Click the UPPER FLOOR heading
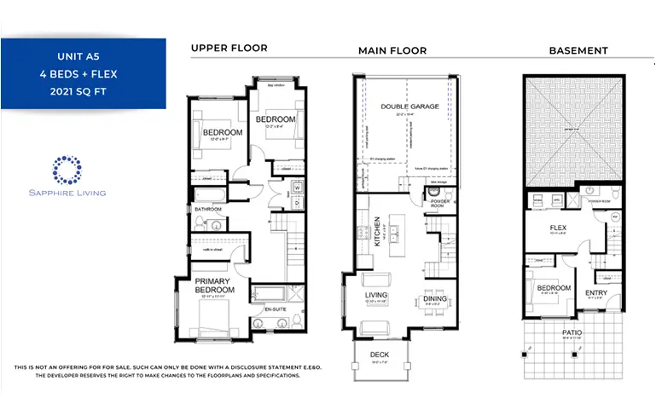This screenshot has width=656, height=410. [x=229, y=49]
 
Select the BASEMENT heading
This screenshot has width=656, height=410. [x=578, y=50]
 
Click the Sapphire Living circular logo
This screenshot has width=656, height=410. [x=66, y=169]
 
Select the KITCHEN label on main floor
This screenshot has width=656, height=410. [x=378, y=231]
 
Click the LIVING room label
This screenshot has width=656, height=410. [x=376, y=295]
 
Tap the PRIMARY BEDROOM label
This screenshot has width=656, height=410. [x=213, y=286]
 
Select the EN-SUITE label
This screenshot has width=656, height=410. [x=275, y=309]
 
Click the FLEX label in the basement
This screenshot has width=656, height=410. [x=558, y=228]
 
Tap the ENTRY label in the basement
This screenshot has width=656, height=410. [x=596, y=292]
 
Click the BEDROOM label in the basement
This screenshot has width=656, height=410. [x=554, y=288]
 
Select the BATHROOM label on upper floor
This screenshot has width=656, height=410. [x=207, y=209]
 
